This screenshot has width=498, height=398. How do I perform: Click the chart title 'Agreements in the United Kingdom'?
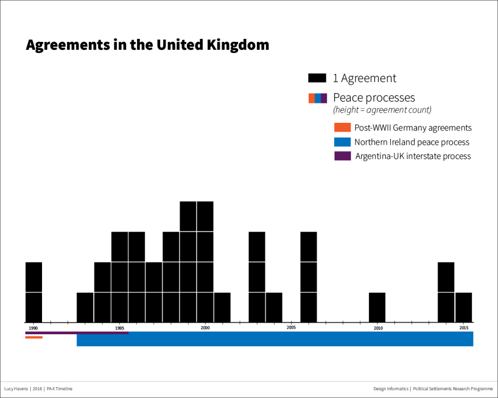[147, 45]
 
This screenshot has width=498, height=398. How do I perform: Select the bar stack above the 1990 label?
[34, 292]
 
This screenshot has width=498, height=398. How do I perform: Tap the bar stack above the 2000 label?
[205, 262]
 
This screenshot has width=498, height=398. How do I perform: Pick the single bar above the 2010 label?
[377, 307]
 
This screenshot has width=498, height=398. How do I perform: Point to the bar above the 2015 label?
[464, 307]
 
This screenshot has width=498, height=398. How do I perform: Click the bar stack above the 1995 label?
[119, 277]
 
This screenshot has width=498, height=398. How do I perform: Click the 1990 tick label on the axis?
[33, 328]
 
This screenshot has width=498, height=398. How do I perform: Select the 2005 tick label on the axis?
[291, 328]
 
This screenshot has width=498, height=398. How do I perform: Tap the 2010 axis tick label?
[378, 328]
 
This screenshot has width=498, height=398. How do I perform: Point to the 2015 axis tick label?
[464, 328]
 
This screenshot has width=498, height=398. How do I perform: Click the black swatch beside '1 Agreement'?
[317, 78]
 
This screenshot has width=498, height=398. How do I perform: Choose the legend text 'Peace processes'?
[374, 97]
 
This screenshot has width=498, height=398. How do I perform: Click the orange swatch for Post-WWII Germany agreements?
[342, 127]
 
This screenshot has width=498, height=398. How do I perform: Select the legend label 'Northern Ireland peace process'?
[412, 142]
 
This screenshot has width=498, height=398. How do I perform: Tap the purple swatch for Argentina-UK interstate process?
[342, 156]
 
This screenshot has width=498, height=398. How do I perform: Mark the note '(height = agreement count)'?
[382, 110]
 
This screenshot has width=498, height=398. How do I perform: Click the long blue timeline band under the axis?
[275, 339]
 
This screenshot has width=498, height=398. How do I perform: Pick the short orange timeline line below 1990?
[34, 337]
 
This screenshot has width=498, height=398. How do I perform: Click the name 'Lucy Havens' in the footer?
[16, 389]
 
